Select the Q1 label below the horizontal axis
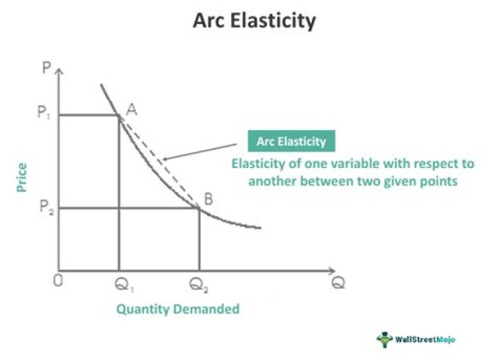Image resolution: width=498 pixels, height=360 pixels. tap(120, 285)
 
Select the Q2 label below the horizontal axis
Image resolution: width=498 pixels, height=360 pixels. tap(199, 285)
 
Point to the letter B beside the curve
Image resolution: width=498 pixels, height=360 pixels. tap(206, 199)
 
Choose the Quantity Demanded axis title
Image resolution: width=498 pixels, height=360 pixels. tap(178, 309)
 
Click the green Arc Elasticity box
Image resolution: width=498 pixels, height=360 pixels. tap(291, 141)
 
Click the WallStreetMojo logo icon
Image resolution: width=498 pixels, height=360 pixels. tap(384, 339)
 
